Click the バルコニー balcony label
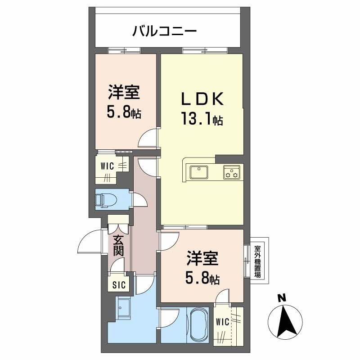(x=164, y=31)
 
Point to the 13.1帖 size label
(x=202, y=119)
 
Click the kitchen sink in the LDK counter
(x=199, y=172)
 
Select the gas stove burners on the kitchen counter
(x=232, y=172)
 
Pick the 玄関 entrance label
(x=118, y=245)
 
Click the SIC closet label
(x=119, y=284)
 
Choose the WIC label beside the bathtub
(x=222, y=322)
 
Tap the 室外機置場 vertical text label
(x=257, y=261)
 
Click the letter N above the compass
(x=282, y=297)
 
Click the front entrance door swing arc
(x=88, y=243)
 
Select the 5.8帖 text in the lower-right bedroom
(x=202, y=279)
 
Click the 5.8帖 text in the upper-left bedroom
(x=124, y=112)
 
